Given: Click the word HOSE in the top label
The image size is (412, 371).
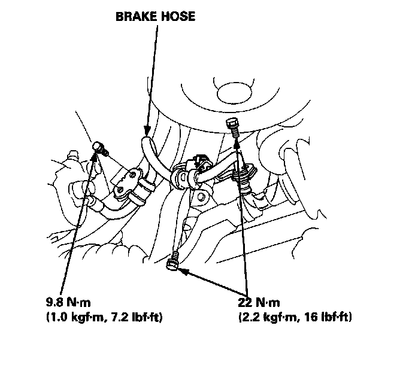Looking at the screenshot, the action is [177, 17].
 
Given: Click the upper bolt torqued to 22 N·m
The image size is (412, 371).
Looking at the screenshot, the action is [233, 126].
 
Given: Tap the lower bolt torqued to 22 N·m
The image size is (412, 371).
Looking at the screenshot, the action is [174, 262].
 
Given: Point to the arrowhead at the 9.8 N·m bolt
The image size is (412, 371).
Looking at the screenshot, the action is [94, 156].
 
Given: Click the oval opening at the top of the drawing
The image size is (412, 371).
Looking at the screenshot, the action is [234, 92].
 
